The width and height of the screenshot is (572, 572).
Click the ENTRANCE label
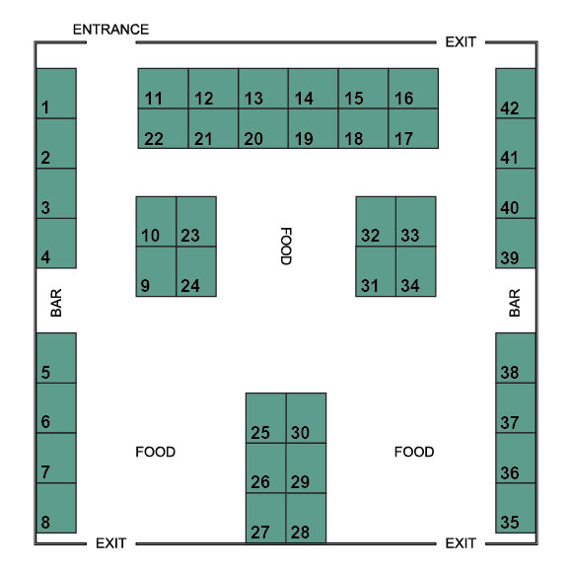[x=110, y=30]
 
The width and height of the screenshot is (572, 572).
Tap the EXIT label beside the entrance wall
[x=461, y=42]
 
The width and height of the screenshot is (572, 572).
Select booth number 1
[x=56, y=94]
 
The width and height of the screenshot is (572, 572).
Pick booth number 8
[x=56, y=508]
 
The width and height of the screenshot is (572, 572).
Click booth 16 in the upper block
[x=413, y=89]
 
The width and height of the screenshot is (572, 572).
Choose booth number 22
[x=163, y=128]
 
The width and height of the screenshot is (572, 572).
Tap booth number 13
[x=263, y=89]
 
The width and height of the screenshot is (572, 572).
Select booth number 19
[x=314, y=128]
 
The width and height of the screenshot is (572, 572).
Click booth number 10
[x=156, y=222]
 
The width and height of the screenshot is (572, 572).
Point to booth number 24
[x=196, y=271]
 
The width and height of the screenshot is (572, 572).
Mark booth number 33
[x=416, y=222]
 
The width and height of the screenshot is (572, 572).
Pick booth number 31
[x=376, y=271]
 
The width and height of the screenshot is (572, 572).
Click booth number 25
[x=266, y=418]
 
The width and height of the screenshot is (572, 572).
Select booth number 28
[x=306, y=518]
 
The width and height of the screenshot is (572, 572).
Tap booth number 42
[x=516, y=94]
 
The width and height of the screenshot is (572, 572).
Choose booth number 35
[x=516, y=508]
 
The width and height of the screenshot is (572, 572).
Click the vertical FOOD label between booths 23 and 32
[x=286, y=247]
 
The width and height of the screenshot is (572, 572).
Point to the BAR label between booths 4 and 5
[x=56, y=303]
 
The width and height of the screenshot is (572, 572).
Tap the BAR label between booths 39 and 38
[x=515, y=303]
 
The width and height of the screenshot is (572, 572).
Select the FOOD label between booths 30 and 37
[x=414, y=452]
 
